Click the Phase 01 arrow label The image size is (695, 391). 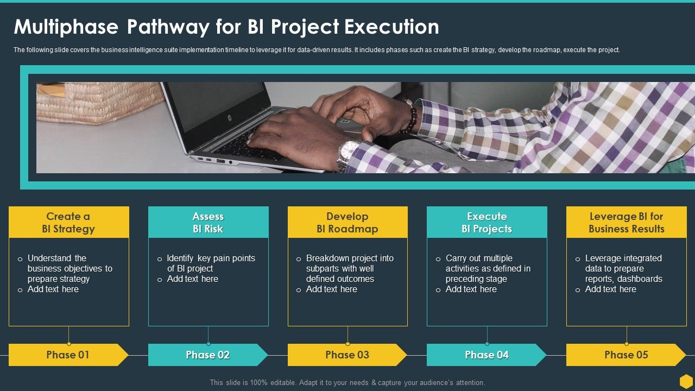(x=68, y=355)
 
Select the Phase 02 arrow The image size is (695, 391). (x=207, y=355)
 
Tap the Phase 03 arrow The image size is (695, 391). (x=347, y=355)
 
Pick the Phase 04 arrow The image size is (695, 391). (x=486, y=355)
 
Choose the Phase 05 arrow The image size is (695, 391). (x=626, y=355)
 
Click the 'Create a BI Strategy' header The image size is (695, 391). (x=68, y=222)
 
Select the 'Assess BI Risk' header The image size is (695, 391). (x=208, y=222)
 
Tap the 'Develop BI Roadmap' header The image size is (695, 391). (x=347, y=222)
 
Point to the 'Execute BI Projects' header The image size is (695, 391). (x=487, y=222)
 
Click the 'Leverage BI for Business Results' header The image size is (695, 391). (x=627, y=222)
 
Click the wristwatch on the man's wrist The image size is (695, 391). (x=348, y=155)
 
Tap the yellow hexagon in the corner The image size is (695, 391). (x=686, y=381)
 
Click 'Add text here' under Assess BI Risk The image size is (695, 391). (x=192, y=279)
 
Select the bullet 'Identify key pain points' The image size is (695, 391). (x=211, y=258)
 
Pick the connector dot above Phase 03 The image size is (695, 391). (x=347, y=344)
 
